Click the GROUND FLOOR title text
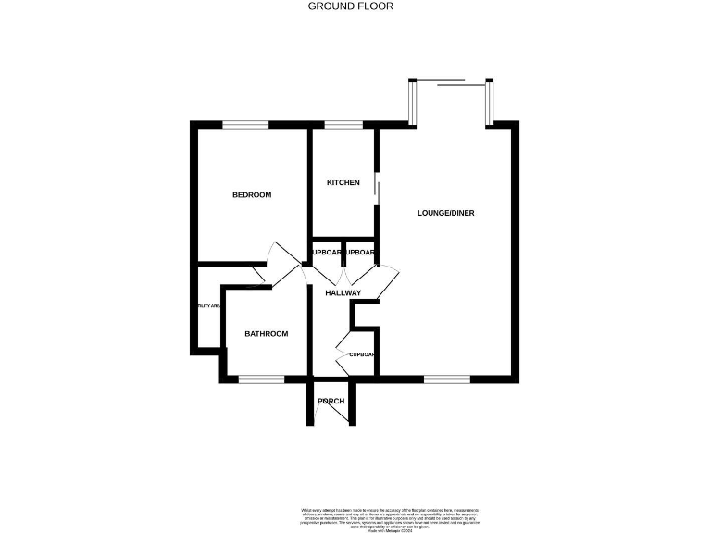350,6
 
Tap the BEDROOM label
251,194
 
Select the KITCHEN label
343,182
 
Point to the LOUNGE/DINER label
445,213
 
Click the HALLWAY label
343,293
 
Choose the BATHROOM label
267,334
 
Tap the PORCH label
331,401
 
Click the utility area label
207,306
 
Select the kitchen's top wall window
343,125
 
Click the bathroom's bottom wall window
262,378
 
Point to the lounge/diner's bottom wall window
447,378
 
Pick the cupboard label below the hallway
361,354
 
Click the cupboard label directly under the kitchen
327,253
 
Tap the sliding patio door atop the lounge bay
451,84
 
